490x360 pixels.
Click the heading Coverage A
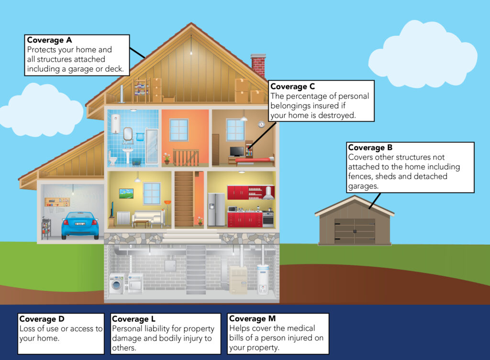click(x=49, y=40)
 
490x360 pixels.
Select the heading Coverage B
click(x=370, y=147)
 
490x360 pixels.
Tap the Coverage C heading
click(x=292, y=87)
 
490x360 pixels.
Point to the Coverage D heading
click(x=42, y=319)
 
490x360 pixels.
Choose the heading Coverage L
click(x=134, y=319)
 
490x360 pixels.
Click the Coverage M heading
click(x=252, y=318)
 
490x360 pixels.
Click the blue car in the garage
click(x=80, y=226)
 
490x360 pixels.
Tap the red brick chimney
click(x=258, y=65)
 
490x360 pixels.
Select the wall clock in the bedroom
click(x=261, y=125)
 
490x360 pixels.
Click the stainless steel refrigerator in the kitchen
click(x=216, y=209)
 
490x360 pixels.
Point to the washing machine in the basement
click(x=117, y=284)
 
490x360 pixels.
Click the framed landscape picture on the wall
click(x=126, y=194)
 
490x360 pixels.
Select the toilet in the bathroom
click(x=112, y=158)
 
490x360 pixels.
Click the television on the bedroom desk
click(x=237, y=152)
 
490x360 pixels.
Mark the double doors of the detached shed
click(x=355, y=231)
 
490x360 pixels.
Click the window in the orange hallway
click(x=179, y=130)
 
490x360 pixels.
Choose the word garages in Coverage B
click(x=363, y=186)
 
